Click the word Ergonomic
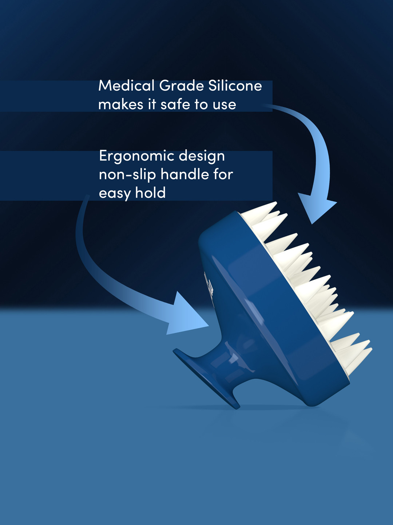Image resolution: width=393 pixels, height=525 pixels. point(136,156)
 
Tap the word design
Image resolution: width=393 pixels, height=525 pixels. point(202,156)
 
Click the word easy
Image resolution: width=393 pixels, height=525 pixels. point(114,193)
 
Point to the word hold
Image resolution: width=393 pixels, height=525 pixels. point(150,192)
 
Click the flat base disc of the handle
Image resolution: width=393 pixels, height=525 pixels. point(205,378)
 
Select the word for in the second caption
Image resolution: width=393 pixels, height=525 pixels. point(223,174)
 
